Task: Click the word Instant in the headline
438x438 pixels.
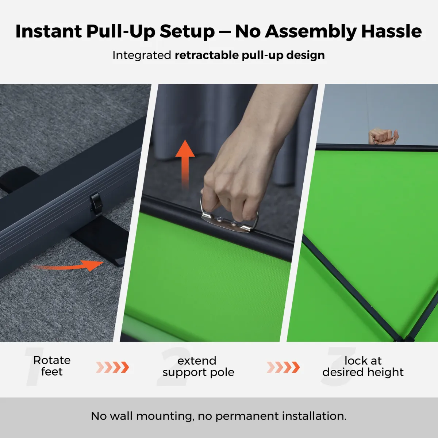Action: coord(49,31)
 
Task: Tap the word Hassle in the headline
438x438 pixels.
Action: coord(391,31)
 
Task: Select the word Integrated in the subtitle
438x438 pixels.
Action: coord(142,55)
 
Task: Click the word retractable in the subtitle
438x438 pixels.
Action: coord(206,55)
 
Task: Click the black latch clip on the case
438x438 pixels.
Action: coord(96,204)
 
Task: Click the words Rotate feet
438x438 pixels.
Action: coord(52,366)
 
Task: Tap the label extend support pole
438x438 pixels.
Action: coord(198,366)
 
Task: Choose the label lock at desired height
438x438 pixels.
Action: coord(363,366)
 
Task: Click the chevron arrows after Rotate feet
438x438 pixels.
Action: coord(112,367)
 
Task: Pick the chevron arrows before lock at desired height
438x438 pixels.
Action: coord(283,367)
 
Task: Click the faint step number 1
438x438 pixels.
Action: coord(33,366)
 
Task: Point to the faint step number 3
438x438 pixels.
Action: coord(338,366)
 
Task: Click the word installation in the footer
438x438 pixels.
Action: coord(314,416)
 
